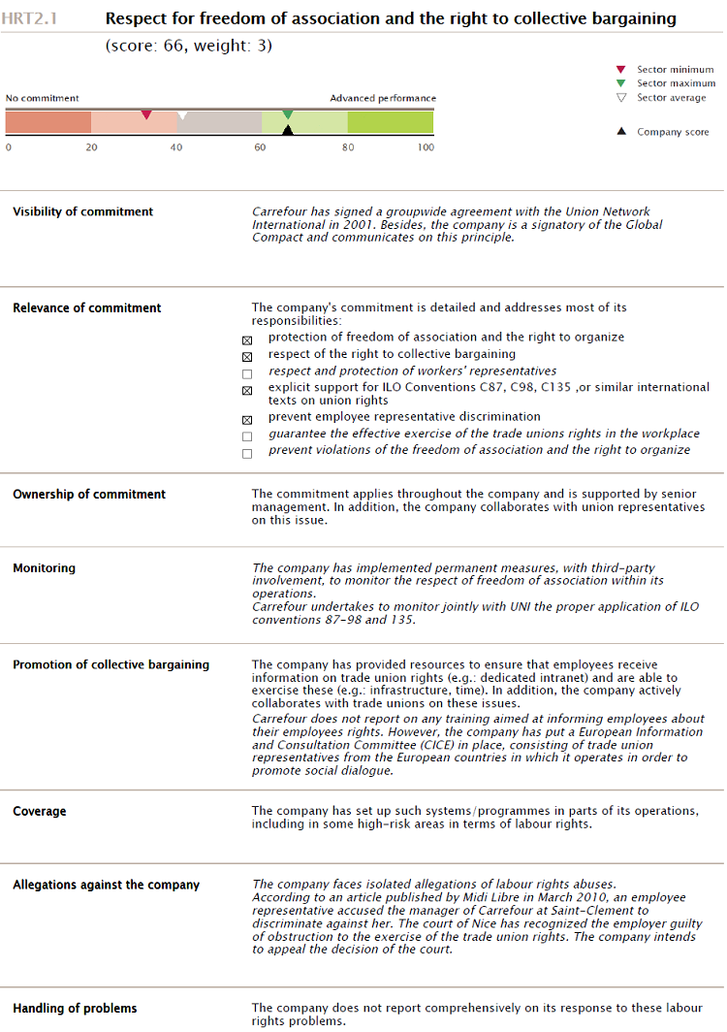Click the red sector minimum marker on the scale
pyautogui.click(x=146, y=115)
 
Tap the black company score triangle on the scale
pyautogui.click(x=287, y=129)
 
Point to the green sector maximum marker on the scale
pyautogui.click(x=288, y=114)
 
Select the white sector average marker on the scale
pyautogui.click(x=182, y=115)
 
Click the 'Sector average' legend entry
pyautogui.click(x=671, y=98)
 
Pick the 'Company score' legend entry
pyautogui.click(x=673, y=132)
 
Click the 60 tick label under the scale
pyautogui.click(x=260, y=147)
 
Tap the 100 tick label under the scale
pyautogui.click(x=426, y=147)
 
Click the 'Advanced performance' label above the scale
pyautogui.click(x=383, y=98)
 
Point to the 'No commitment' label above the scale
pyautogui.click(x=43, y=98)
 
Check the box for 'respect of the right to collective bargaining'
pyautogui.click(x=247, y=356)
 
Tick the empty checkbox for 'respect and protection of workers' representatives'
pyautogui.click(x=247, y=373)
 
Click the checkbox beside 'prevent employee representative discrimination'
pyautogui.click(x=247, y=420)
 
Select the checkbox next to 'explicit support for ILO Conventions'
pyautogui.click(x=247, y=390)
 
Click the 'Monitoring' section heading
pyautogui.click(x=44, y=567)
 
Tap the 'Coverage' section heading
pyautogui.click(x=40, y=810)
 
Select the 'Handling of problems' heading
pyautogui.click(x=75, y=1008)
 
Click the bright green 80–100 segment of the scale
pyautogui.click(x=391, y=122)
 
